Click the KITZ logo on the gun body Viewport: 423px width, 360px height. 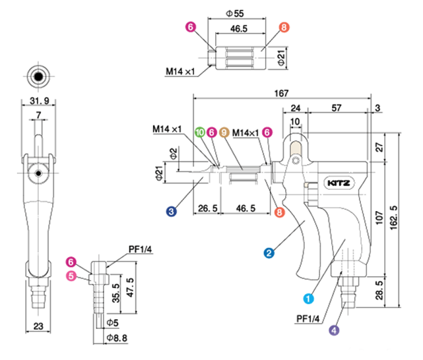tap(339, 183)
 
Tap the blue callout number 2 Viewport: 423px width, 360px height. tap(269, 253)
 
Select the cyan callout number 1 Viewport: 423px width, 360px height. tap(308, 299)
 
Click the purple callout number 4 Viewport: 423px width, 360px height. tap(334, 330)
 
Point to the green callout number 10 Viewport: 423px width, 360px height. tap(200, 133)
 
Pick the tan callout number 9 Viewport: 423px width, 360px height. tap(224, 133)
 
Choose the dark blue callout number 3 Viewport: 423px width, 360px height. tap(172, 212)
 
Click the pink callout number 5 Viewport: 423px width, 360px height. tap(71, 276)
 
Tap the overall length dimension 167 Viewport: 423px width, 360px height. tap(281, 93)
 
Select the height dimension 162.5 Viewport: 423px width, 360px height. tap(393, 218)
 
